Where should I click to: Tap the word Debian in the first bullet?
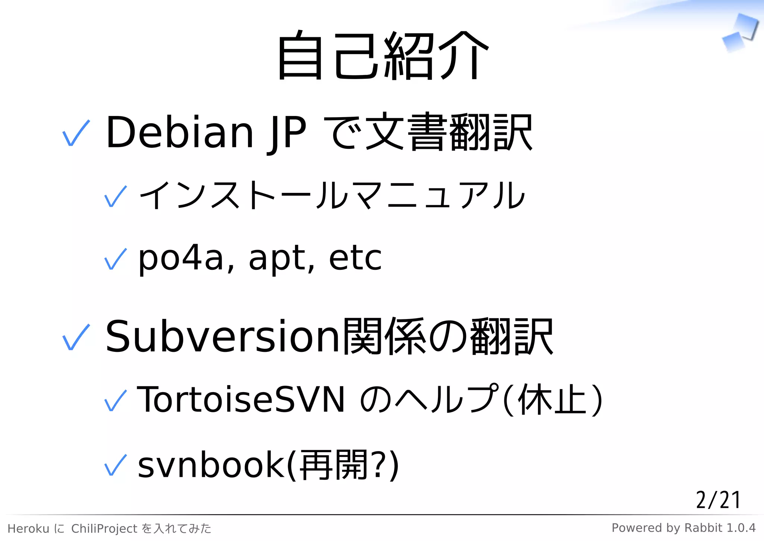[x=179, y=132]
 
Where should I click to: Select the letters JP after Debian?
[x=286, y=132]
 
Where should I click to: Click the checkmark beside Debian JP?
[x=76, y=133]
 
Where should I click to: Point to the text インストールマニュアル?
[x=332, y=195]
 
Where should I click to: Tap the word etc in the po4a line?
[x=355, y=258]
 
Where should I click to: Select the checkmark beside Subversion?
[x=76, y=337]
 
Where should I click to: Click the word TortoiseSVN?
[x=241, y=400]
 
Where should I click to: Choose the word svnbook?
[x=211, y=465]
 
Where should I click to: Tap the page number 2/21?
[x=718, y=500]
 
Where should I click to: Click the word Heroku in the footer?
[x=28, y=529]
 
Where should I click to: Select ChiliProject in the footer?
[x=104, y=529]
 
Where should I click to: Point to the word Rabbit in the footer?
[x=704, y=528]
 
